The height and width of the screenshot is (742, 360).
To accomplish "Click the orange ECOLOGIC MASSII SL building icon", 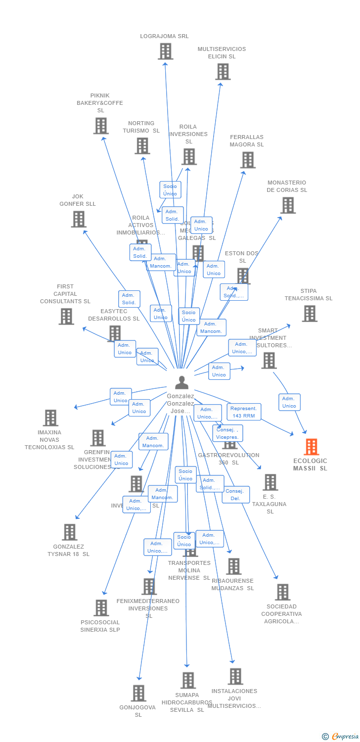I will [x=311, y=447].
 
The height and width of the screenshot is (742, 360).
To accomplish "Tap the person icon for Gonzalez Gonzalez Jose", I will [x=182, y=382].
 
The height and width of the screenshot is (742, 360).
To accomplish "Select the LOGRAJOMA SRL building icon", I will [x=165, y=51].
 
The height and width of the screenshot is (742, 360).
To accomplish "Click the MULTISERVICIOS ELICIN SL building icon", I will [x=223, y=72].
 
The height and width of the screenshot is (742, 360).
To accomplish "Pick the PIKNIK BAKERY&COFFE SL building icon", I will [x=101, y=126].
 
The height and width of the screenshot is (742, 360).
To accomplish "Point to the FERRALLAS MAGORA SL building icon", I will [x=248, y=160].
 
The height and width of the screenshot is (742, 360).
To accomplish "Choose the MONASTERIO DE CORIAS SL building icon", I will [x=288, y=205].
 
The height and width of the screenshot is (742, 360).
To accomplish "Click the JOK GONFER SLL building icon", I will [x=79, y=219].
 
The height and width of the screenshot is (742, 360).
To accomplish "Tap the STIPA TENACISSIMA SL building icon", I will [x=310, y=314].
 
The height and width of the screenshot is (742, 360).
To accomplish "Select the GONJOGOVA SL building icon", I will [x=139, y=693].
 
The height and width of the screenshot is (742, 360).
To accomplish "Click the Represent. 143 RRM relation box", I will [x=244, y=412].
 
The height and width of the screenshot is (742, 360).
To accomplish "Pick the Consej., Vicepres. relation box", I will [x=227, y=433].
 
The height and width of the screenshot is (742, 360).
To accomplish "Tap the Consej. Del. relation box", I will [x=235, y=495].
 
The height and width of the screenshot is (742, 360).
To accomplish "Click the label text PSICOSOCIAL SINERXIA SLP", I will [x=100, y=626].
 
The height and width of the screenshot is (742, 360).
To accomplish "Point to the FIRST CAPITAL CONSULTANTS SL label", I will [x=65, y=294].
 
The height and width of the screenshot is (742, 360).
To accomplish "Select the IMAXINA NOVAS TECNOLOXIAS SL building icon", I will [x=50, y=418].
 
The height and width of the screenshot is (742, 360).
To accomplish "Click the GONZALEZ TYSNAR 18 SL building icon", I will [x=70, y=532].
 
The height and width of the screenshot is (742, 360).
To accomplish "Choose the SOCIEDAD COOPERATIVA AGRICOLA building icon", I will [x=282, y=592].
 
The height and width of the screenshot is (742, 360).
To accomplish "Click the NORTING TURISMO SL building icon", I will [x=142, y=146].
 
